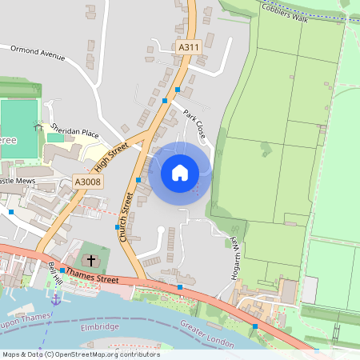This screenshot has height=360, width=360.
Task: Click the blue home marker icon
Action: (x=180, y=172)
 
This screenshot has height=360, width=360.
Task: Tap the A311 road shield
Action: (x=188, y=48)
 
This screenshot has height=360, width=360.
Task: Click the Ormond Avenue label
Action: (x=37, y=53)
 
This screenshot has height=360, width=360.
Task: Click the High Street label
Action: (x=112, y=157)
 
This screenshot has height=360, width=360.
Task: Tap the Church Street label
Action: (x=126, y=217)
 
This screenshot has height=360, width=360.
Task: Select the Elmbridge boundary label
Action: (x=100, y=326)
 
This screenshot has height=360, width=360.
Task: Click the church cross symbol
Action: (x=91, y=260)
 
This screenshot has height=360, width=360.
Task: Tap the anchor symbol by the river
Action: (x=56, y=299)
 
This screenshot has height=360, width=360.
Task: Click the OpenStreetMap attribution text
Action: (x=80, y=354)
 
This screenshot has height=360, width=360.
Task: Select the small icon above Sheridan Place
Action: (x=38, y=125)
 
